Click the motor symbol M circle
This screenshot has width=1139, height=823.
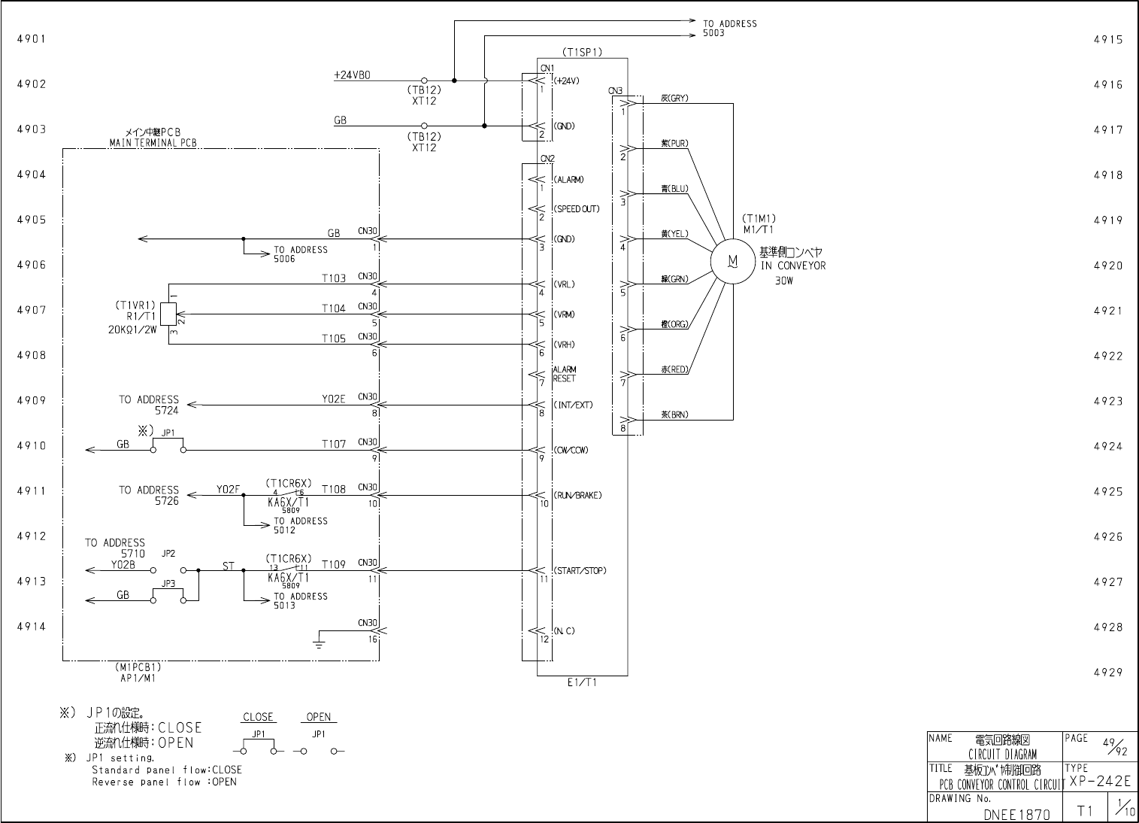732,262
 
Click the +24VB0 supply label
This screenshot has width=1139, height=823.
352,75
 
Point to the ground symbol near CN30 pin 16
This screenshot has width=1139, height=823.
319,642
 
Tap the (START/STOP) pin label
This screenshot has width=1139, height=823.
580,570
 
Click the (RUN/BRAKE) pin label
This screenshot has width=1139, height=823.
577,495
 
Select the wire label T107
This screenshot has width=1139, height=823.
334,444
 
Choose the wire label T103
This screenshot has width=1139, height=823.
334,278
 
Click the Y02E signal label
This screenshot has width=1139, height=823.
334,399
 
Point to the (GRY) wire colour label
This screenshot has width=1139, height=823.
674,99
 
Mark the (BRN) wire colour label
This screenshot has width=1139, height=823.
674,415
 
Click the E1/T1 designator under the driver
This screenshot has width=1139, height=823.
582,683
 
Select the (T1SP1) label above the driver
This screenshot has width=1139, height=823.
582,52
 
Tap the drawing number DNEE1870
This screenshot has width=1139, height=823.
1016,814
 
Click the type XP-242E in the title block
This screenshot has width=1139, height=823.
1100,782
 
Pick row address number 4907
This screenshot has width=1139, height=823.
32,310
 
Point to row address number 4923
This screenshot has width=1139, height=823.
1108,401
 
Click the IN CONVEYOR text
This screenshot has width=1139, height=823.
792,266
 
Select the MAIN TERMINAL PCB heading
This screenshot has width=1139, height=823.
153,143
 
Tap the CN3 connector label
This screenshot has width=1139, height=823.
616,91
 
